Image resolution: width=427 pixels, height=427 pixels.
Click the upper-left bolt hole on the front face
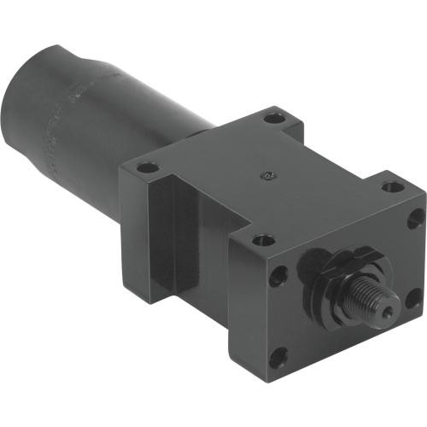pyautogui.click(x=278, y=277)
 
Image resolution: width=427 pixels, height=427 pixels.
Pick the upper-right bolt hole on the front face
pyautogui.click(x=414, y=217)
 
